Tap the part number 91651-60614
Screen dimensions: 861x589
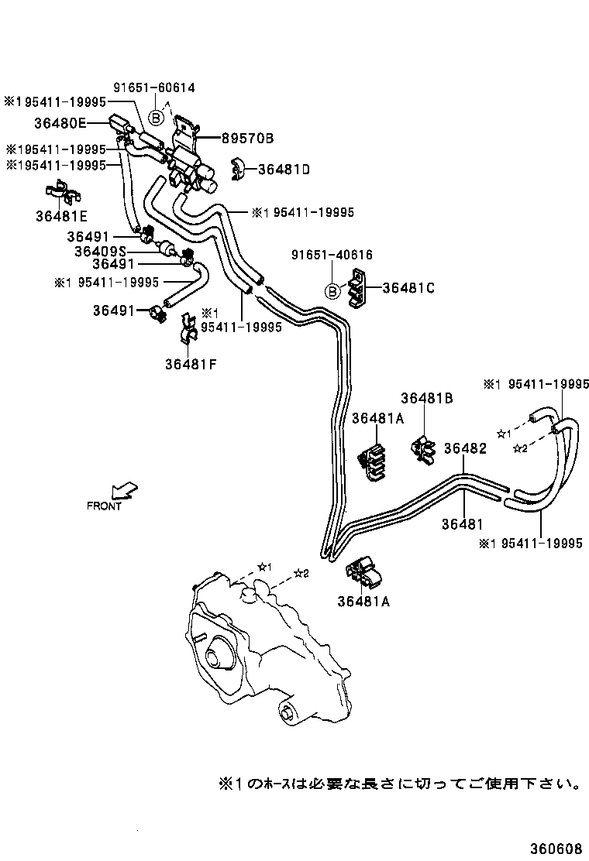(x=155, y=87)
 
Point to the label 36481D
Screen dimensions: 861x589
(x=284, y=169)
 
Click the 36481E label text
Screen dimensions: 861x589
(x=61, y=216)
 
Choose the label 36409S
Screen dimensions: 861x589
(x=101, y=251)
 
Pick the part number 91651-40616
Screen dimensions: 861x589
(x=332, y=255)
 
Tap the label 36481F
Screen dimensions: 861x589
(x=191, y=363)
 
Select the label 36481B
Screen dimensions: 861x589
(x=426, y=398)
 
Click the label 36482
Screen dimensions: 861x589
(x=465, y=448)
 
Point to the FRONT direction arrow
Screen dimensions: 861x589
(x=123, y=490)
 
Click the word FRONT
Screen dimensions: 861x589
(x=104, y=506)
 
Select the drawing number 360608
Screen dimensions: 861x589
(x=556, y=848)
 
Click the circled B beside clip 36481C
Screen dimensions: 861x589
(x=332, y=291)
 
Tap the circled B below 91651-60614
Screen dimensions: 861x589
(x=156, y=118)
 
